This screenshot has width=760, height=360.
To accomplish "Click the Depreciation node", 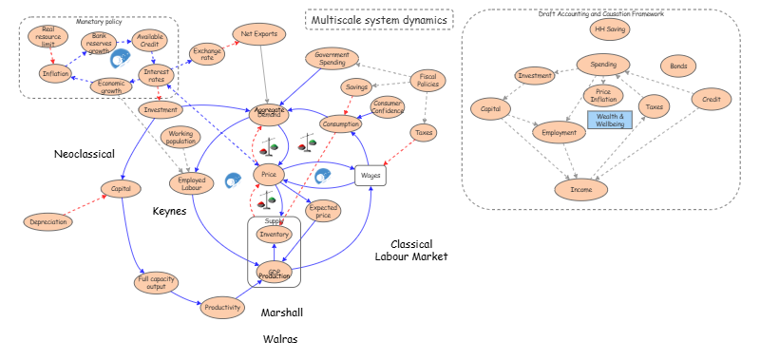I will pyautogui.click(x=48, y=221).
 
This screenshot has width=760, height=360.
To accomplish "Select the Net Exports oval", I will pyautogui.click(x=258, y=34).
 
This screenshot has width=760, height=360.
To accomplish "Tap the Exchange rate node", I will pyautogui.click(x=206, y=53).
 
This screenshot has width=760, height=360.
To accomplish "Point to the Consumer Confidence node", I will pyautogui.click(x=389, y=106).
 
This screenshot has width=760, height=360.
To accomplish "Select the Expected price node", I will pyautogui.click(x=324, y=210).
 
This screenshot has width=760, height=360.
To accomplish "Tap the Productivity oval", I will pyautogui.click(x=220, y=306).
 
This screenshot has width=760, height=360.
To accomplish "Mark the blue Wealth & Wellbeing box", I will pyautogui.click(x=609, y=119).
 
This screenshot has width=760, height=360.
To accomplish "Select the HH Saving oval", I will pyautogui.click(x=609, y=28).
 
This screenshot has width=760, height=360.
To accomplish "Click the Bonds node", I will pyautogui.click(x=679, y=66).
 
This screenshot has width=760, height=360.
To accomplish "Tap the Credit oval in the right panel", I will pyautogui.click(x=711, y=98).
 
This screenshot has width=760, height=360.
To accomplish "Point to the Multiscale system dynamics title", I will pyautogui.click(x=379, y=19).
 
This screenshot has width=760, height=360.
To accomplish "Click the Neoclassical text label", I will pyautogui.click(x=85, y=154).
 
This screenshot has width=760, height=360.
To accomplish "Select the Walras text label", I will pyautogui.click(x=281, y=338).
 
